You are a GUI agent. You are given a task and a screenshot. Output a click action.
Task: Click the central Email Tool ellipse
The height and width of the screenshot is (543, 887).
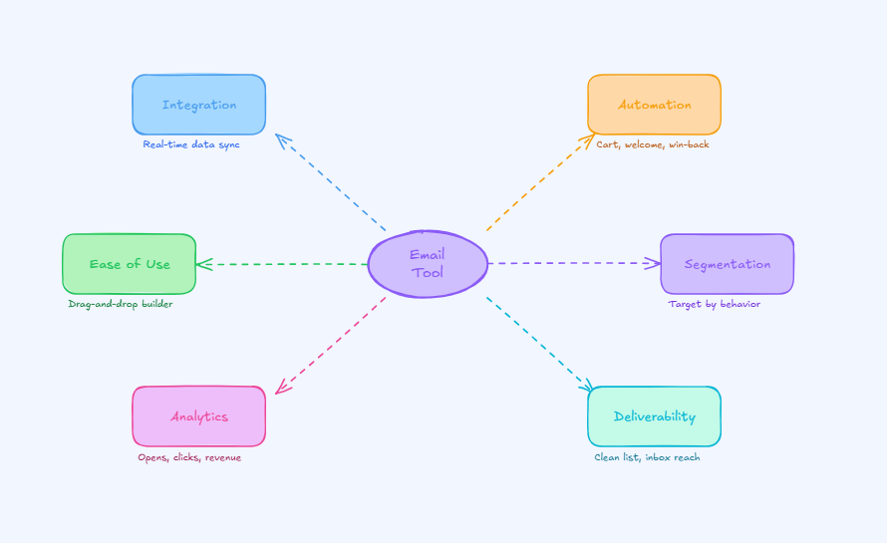(x=428, y=264)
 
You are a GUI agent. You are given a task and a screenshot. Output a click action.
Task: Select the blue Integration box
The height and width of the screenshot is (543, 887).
(x=199, y=105)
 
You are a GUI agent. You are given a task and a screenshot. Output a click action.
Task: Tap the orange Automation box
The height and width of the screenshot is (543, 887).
(x=654, y=105)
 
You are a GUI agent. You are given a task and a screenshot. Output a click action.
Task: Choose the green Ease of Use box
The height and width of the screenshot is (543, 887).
(x=130, y=264)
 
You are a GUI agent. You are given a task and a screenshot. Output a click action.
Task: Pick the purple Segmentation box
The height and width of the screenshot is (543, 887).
(x=727, y=264)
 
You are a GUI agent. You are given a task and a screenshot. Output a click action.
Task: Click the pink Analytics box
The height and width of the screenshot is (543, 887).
(x=199, y=416)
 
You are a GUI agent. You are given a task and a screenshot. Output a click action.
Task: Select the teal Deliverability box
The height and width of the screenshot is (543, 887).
(x=654, y=416)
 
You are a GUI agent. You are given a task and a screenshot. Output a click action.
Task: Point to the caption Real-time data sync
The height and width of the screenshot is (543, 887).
(x=191, y=144)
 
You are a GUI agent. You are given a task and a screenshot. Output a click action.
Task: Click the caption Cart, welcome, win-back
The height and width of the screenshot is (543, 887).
(x=653, y=144)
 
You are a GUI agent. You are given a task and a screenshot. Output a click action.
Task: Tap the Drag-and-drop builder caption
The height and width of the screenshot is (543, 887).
(x=121, y=304)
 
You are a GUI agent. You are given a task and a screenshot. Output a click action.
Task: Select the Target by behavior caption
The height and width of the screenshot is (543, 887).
(x=714, y=304)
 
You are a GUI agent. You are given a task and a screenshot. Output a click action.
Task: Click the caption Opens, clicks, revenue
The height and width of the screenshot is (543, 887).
(x=189, y=457)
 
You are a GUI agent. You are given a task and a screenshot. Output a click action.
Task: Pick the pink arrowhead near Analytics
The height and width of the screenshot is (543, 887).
(x=280, y=390)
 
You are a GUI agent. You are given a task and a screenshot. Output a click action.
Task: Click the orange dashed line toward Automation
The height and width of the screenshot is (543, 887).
(x=538, y=184)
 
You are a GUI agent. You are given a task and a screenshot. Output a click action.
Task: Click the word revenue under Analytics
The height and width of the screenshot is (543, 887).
(x=222, y=457)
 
